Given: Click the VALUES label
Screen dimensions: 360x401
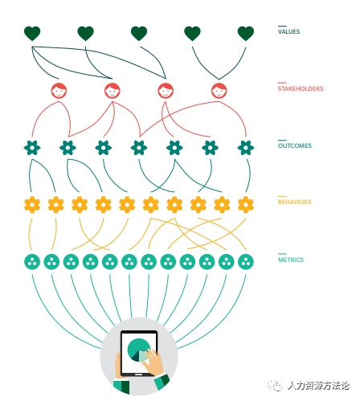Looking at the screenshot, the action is [288, 31].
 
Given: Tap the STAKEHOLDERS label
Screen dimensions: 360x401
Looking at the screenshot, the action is [301, 88].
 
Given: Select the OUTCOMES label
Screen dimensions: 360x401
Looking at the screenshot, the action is [295, 145].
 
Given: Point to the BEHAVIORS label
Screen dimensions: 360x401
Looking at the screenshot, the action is [294, 202].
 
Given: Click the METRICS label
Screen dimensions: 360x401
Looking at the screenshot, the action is [291, 260].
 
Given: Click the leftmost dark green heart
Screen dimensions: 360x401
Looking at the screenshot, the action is [32, 34].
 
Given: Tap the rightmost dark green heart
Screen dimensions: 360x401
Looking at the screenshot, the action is [246, 34].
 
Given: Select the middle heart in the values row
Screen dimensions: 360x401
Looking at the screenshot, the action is [139, 34].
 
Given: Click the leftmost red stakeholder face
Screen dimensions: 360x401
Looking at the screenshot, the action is [59, 91].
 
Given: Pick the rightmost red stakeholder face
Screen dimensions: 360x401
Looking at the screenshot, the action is [219, 91].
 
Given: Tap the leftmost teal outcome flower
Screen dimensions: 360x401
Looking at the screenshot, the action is [32, 148].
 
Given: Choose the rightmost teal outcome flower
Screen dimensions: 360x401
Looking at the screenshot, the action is [246, 148].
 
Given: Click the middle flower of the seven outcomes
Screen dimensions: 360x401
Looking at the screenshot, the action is [139, 148].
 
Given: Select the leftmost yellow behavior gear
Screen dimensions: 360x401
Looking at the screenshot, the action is [32, 205].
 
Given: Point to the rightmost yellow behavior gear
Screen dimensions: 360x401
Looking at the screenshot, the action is [246, 205].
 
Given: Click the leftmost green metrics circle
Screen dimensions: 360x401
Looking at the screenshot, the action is [32, 262].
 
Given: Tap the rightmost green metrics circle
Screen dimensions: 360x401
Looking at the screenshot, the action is [246, 262].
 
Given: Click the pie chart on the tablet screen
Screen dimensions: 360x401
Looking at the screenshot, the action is [137, 350].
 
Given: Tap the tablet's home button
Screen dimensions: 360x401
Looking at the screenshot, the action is [138, 374].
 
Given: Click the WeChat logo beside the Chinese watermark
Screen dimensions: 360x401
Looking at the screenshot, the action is [276, 386].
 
